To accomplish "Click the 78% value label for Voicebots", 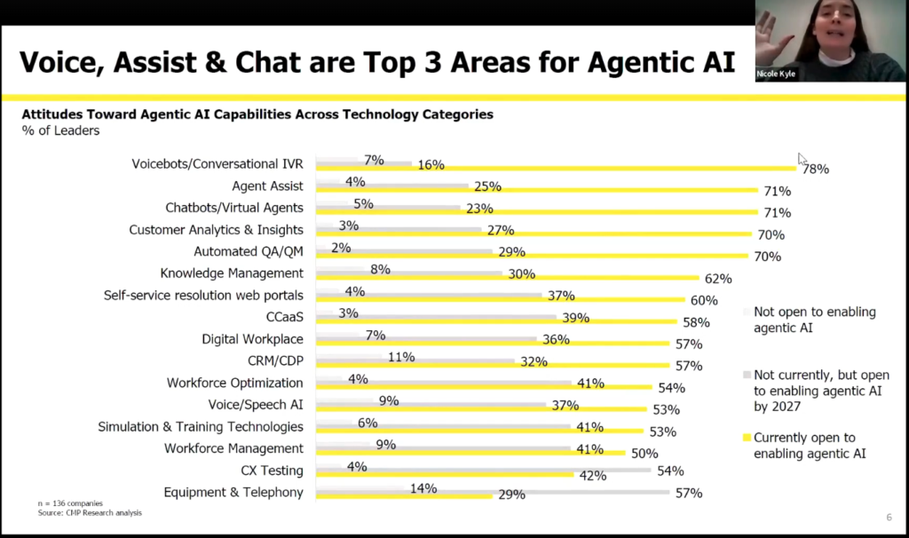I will [x=816, y=169].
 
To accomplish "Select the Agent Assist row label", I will [x=267, y=186].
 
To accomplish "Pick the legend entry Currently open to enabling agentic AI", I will [x=804, y=445].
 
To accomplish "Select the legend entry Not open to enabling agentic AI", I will [x=814, y=320].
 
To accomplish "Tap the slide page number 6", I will [x=889, y=518].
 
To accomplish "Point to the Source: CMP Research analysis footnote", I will [x=89, y=512].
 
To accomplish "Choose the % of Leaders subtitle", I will [x=60, y=131].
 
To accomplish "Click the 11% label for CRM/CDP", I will [x=401, y=357].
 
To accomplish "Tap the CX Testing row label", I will [x=272, y=471].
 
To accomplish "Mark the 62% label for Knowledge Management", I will [x=718, y=278].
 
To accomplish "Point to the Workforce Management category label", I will [x=233, y=448].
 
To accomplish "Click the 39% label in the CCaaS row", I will [x=575, y=318].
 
